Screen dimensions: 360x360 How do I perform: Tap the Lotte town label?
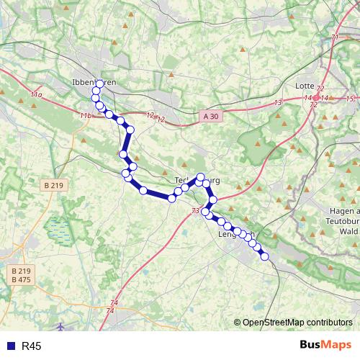[305, 85]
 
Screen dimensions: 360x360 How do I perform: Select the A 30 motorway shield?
[209, 114]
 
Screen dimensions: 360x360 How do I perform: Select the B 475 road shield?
[21, 279]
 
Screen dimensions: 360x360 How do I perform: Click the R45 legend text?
[32, 346]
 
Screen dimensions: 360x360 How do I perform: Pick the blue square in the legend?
[9, 346]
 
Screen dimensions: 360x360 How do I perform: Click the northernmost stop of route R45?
[99, 83]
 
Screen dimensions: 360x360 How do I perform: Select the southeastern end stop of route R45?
[264, 256]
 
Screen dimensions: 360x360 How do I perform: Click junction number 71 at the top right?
[335, 37]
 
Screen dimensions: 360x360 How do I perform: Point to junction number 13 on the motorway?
[278, 104]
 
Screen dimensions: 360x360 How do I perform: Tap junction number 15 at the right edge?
[351, 98]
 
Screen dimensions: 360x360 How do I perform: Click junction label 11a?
[37, 94]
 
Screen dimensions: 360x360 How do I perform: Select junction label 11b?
[86, 115]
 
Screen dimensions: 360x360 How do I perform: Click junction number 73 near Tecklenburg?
[196, 211]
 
